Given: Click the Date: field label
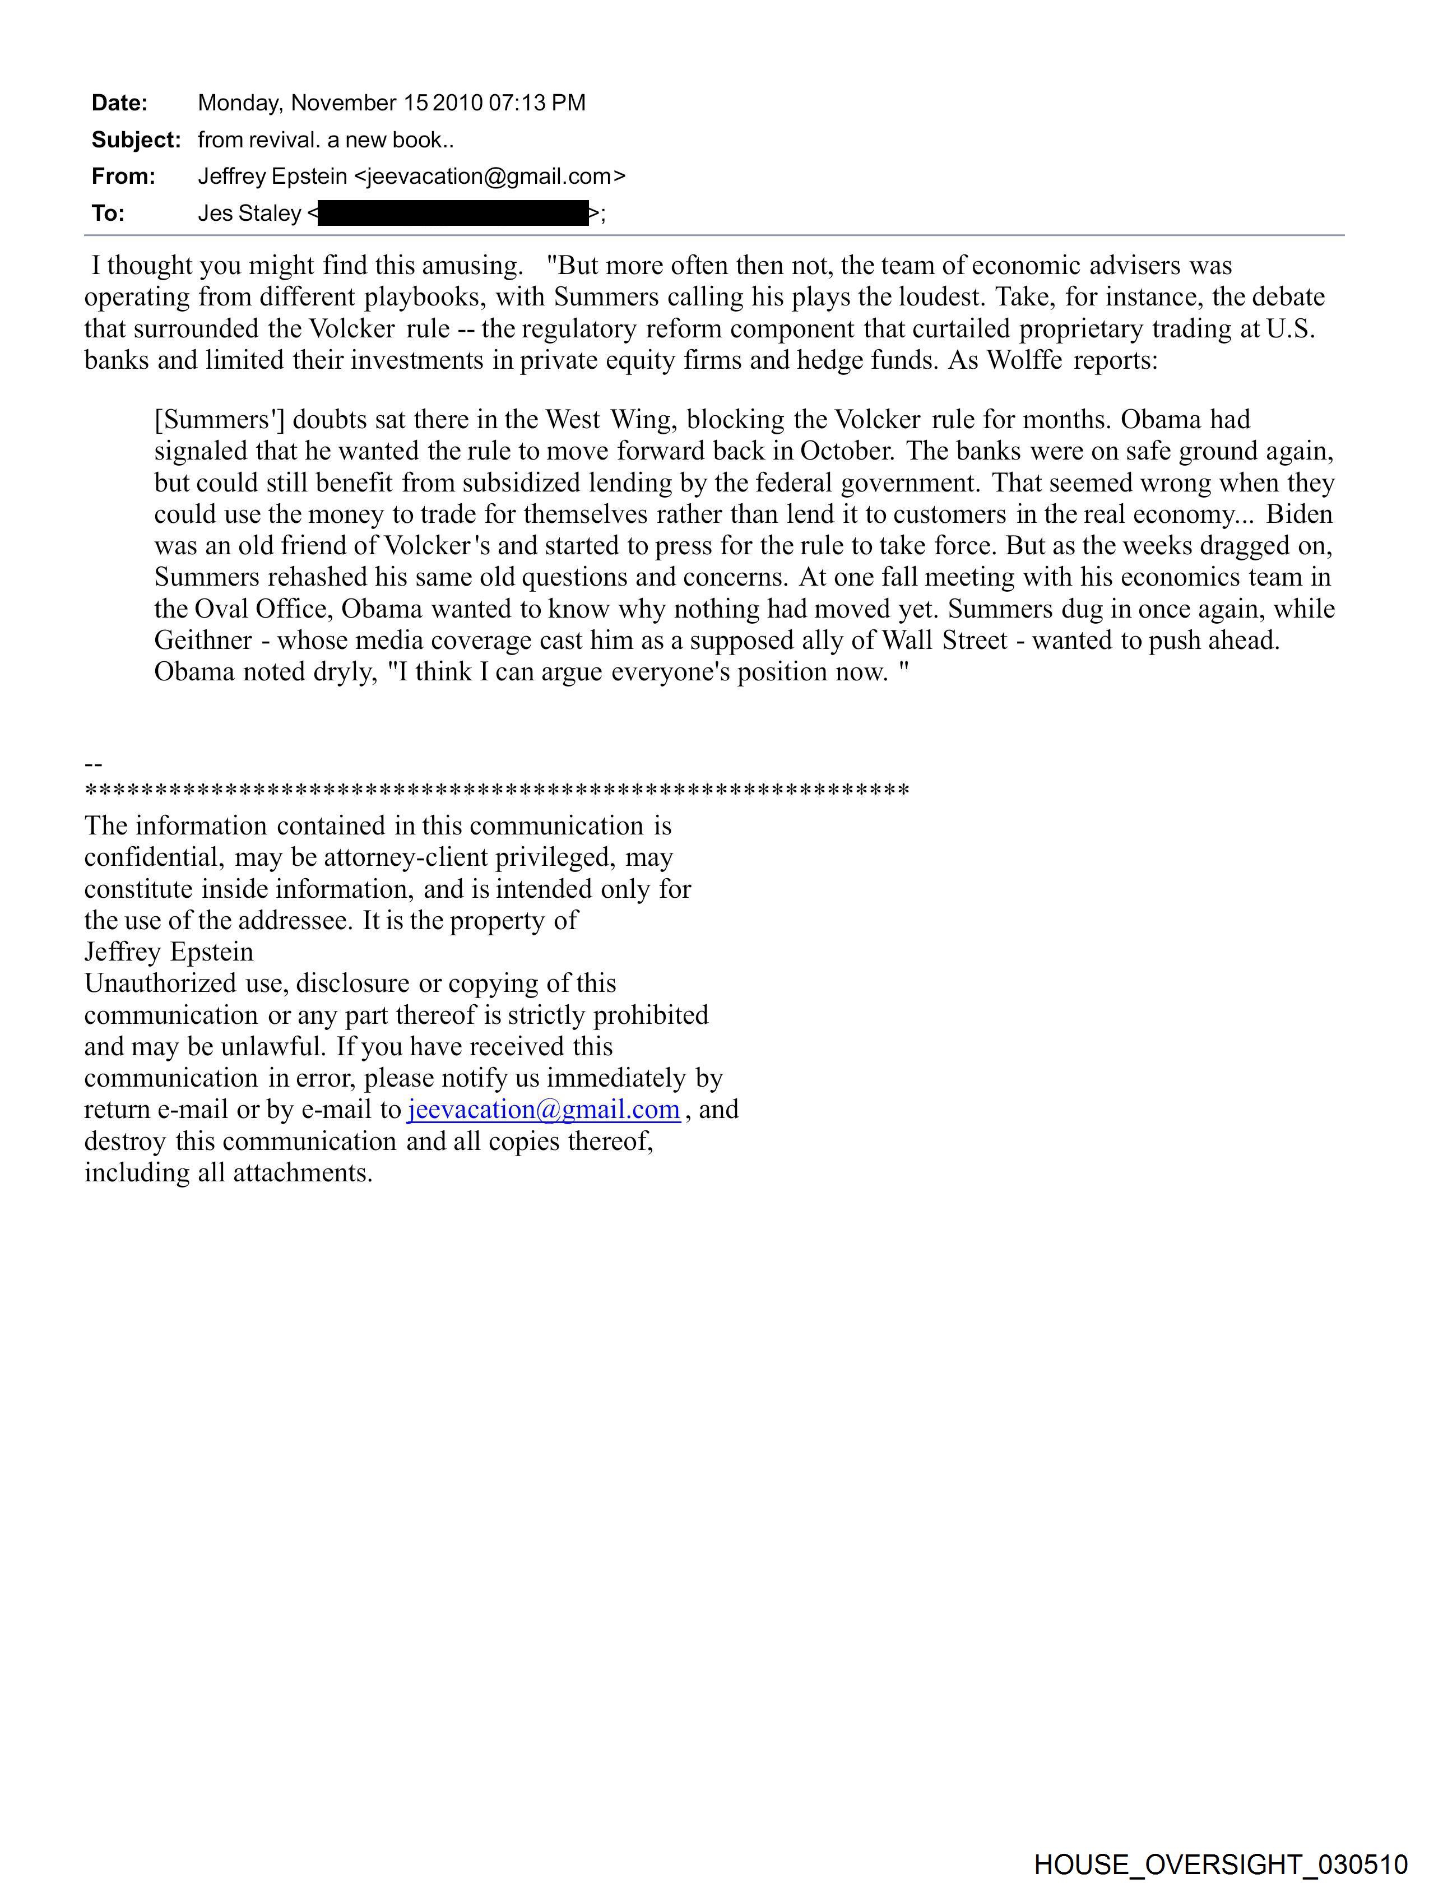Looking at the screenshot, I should (119, 103).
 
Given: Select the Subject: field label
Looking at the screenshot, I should (136, 140).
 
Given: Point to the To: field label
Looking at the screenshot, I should (108, 214).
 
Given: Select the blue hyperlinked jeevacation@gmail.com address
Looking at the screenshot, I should (544, 1110).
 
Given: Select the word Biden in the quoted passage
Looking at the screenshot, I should (1299, 514).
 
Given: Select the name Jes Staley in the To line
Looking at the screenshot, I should (249, 214).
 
